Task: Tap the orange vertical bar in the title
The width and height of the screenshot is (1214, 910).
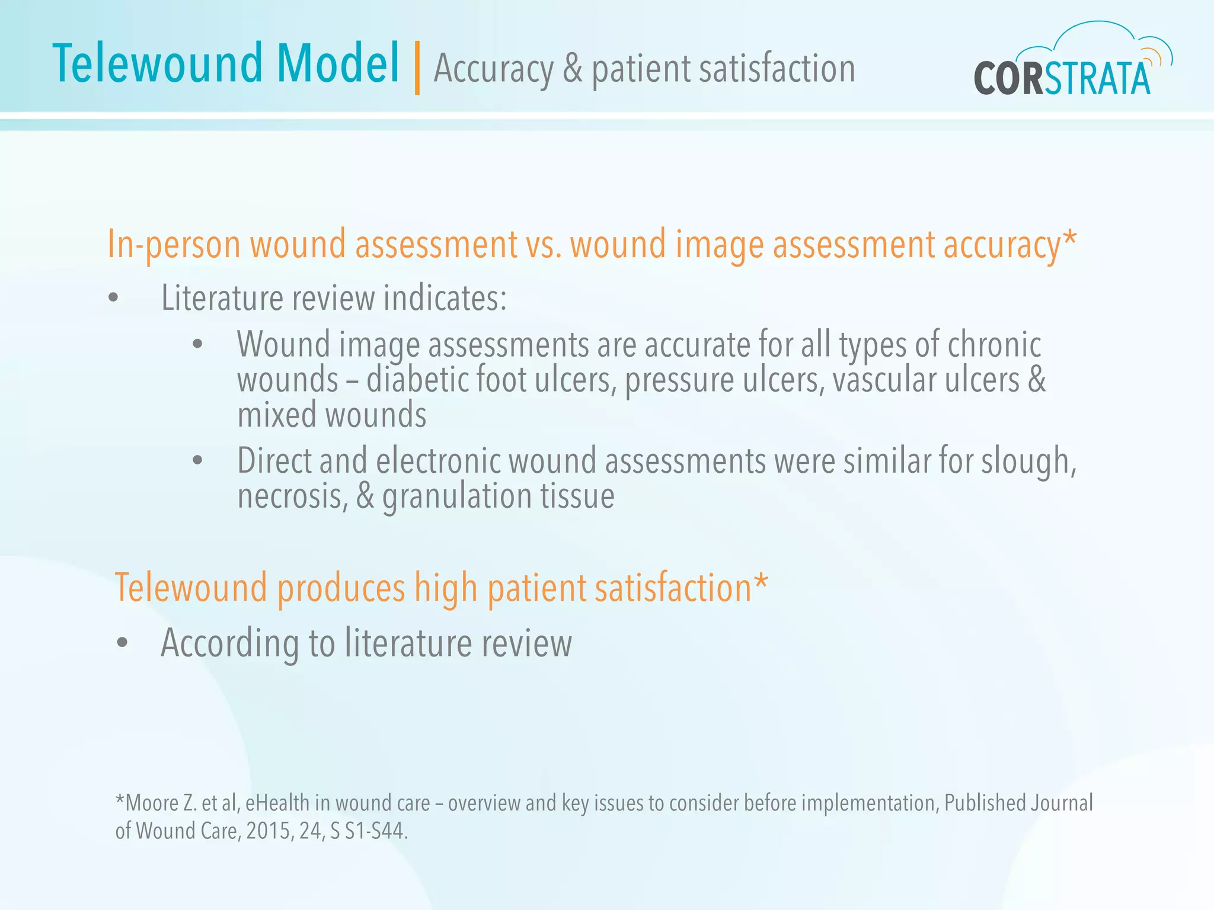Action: [417, 68]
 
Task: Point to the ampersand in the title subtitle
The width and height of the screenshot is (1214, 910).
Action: [572, 69]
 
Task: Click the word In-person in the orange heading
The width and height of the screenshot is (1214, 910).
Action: [174, 244]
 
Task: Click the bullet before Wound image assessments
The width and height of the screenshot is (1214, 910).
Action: [198, 344]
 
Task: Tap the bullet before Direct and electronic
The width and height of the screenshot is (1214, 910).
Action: [198, 460]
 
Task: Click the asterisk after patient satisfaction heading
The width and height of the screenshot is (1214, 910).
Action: [761, 584]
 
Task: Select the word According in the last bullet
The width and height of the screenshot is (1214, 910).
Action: [229, 643]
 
